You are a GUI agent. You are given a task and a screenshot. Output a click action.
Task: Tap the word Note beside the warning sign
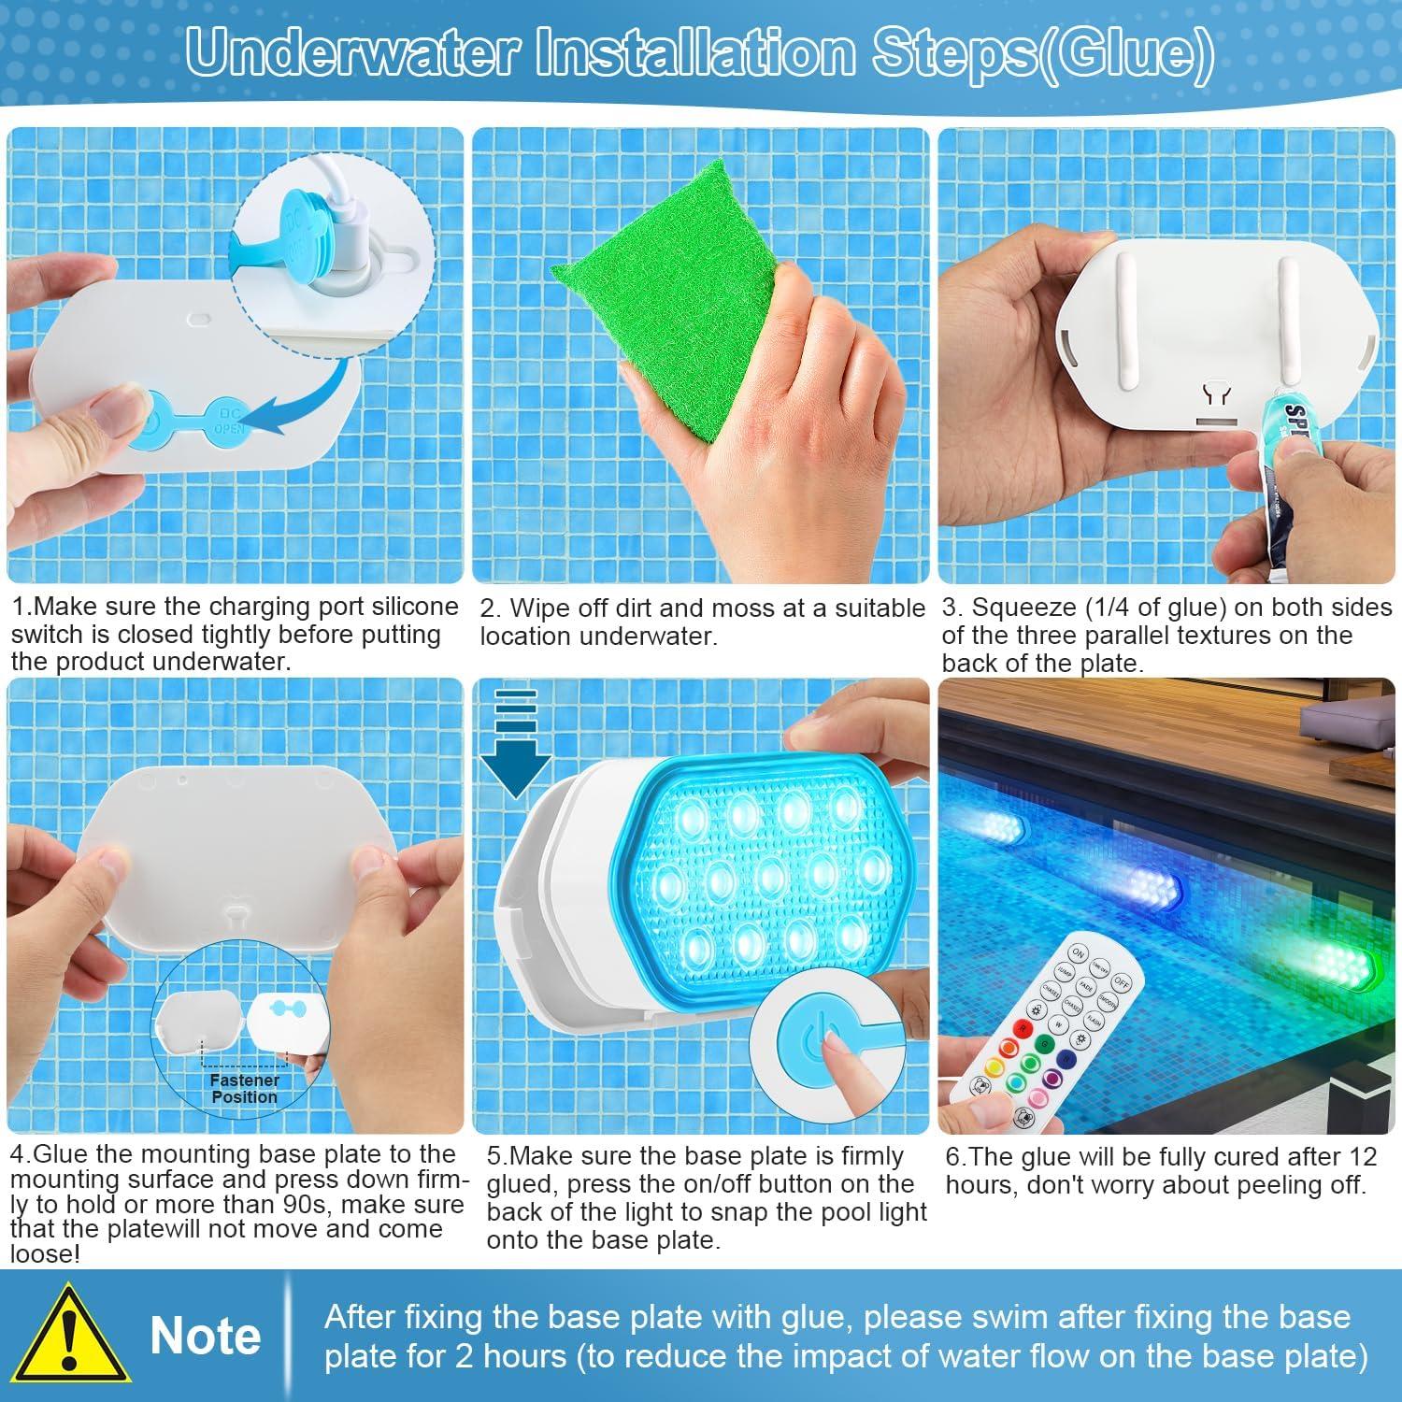tap(205, 1336)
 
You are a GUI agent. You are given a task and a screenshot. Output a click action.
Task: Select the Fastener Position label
tap(244, 1088)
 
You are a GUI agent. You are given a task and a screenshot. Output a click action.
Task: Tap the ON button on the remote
tap(1079, 954)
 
